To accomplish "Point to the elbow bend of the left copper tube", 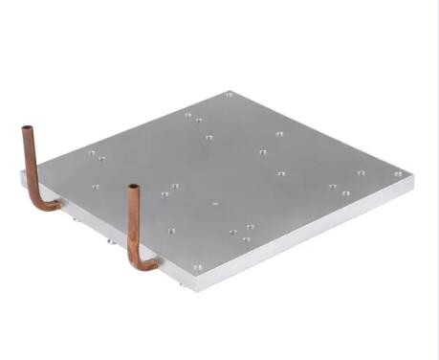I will pyautogui.click(x=37, y=204).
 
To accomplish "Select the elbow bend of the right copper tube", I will pyautogui.click(x=140, y=262).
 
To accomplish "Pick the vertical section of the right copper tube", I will pyautogui.click(x=134, y=225).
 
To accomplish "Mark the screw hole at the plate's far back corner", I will pyautogui.click(x=228, y=94).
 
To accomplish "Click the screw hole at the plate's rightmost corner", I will pyautogui.click(x=399, y=174).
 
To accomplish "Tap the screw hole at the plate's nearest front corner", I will pyautogui.click(x=197, y=268).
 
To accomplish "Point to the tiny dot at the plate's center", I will pyautogui.click(x=215, y=203).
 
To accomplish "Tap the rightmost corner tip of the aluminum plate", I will pyautogui.click(x=413, y=176).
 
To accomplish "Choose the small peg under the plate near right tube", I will pyautogui.click(x=176, y=279).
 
